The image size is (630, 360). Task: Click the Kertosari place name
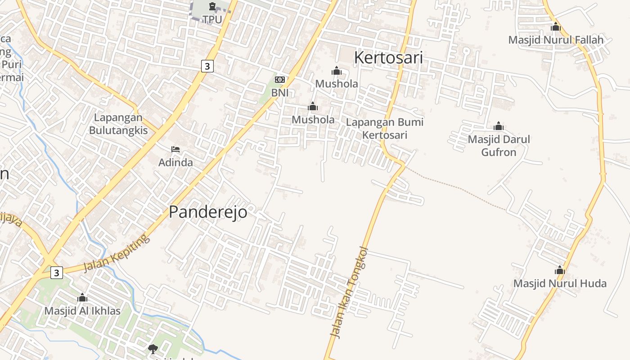pos(388,58)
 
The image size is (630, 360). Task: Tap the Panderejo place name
pos(208,211)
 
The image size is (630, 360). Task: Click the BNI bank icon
pos(279,80)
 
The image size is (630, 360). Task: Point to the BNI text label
pos(279,93)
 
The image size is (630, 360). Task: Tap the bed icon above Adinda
pos(175,149)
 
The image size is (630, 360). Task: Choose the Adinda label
pos(175,162)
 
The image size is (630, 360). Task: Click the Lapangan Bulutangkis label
pos(118,124)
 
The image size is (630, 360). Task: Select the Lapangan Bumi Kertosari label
pos(385,128)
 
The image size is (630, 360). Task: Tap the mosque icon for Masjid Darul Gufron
pos(499,126)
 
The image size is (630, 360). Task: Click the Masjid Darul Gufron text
pos(499,145)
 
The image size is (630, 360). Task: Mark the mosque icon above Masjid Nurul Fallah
pos(556,27)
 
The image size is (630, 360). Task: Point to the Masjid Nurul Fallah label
pos(556,40)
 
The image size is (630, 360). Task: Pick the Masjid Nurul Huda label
pos(560,283)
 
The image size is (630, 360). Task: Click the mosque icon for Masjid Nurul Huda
pos(560,270)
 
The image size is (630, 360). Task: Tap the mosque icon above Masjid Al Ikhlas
pos(82,297)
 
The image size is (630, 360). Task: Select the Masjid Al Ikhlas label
pos(82,310)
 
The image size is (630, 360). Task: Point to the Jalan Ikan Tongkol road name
pos(349,292)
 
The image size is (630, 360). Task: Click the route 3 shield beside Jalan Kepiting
pos(56,272)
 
